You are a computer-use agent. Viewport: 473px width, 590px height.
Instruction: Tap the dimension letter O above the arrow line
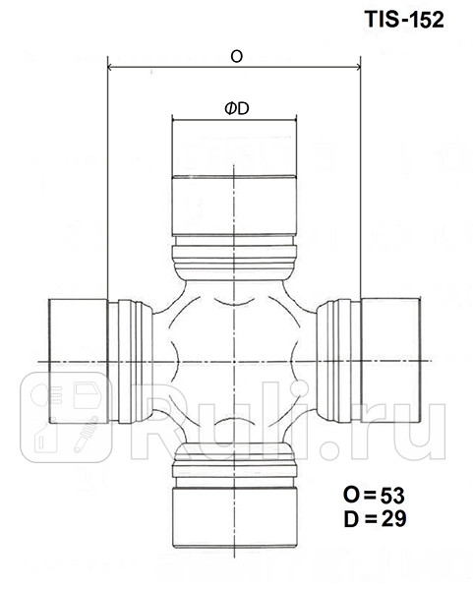(x=236, y=57)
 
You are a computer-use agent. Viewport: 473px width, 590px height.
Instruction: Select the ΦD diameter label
(x=236, y=109)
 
